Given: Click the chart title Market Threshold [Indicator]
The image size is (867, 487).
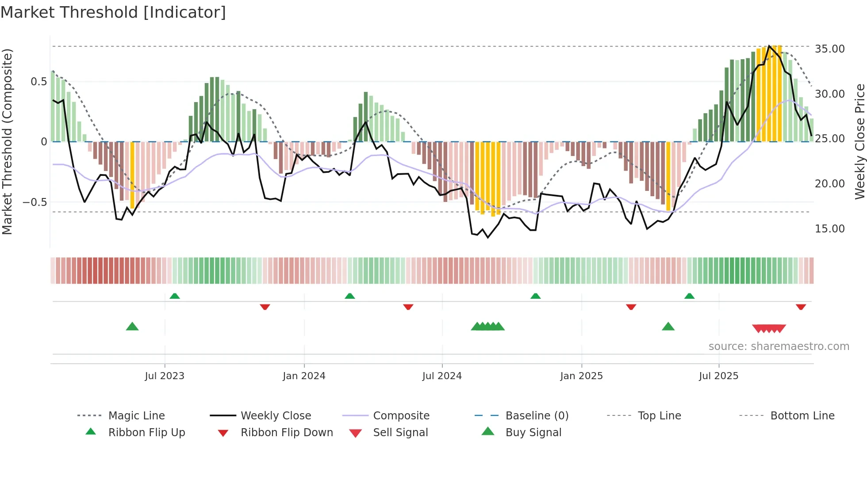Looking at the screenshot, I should coord(113,12).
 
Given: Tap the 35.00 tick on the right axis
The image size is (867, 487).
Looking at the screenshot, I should coord(829,49).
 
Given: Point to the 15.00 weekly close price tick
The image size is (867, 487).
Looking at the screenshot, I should coord(829,229).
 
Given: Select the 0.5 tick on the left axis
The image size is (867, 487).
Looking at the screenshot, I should coord(38,82).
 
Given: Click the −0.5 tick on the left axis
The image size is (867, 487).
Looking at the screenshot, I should coord(35,202).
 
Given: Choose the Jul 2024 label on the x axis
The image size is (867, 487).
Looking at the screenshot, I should coord(442,376).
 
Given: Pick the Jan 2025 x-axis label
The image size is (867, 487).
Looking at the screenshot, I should coord(581,376).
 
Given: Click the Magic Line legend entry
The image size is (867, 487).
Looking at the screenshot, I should coord(136,416).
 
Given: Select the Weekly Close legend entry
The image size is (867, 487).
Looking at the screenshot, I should coord(276,416).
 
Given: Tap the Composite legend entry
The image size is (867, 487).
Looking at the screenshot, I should coord(401,416).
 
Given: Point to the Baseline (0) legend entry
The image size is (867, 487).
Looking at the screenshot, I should coord(537,416).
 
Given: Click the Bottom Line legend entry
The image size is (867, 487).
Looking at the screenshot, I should coord(802,416).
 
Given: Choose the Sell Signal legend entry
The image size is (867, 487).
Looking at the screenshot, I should coord(400,433).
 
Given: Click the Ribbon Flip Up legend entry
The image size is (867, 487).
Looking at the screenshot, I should coord(146,433).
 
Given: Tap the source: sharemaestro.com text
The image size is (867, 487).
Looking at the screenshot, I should coord(779,346).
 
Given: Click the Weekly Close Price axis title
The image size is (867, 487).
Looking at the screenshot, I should coord(859,141).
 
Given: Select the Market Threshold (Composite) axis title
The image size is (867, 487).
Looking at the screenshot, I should coord(7,141).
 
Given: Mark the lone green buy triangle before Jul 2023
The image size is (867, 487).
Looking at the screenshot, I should coord(132,327).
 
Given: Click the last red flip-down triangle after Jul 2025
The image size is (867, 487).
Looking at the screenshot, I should coord(801,307).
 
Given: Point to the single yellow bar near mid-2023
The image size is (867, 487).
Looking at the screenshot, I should coord(132,175).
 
